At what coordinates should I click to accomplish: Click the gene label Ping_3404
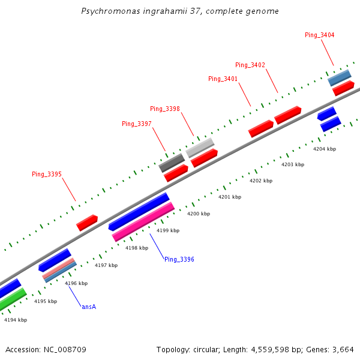pos(319,35)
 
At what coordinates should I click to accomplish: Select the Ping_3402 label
pos(250,65)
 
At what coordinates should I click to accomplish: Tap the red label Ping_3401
pos(223,79)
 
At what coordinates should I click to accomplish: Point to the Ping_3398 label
pos(164,109)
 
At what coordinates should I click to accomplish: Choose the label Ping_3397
pos(136,124)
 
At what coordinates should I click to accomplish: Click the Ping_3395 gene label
pos(46,174)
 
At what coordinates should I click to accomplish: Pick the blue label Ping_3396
pos(179,259)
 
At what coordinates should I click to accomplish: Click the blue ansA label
pos(89,307)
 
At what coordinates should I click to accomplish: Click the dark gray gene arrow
pos(172,163)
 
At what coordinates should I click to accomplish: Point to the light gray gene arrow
pos(200,148)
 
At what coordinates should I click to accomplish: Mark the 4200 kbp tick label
pos(199,214)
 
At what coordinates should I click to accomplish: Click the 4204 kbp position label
pos(325,149)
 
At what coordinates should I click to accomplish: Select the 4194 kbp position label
pos(16,320)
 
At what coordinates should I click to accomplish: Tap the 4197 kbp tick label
pos(106,265)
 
